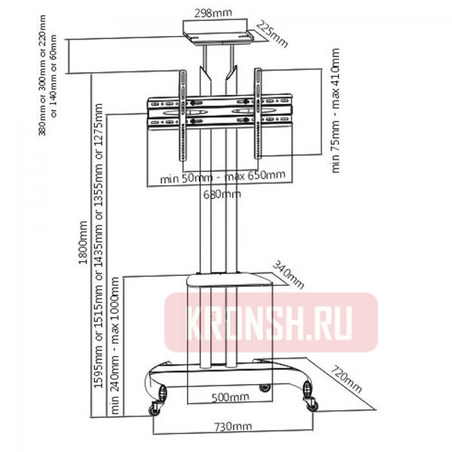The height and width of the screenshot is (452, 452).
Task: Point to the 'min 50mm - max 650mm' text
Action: click(223, 176)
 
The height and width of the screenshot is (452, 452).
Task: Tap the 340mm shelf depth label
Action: click(289, 275)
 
